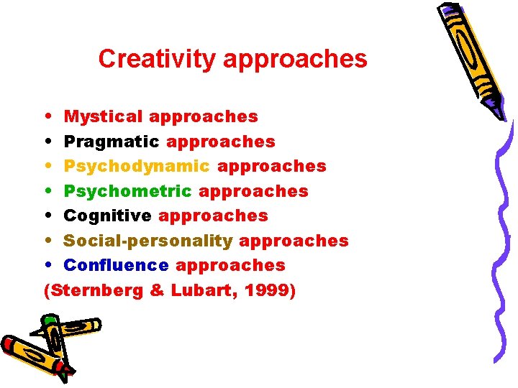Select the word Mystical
(x=104, y=116)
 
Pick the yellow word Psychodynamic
(x=137, y=167)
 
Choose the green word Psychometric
(x=128, y=191)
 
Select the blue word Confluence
(x=116, y=265)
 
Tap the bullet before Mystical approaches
(x=47, y=116)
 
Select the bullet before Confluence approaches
(x=47, y=266)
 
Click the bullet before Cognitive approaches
(x=47, y=216)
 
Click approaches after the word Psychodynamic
(x=272, y=167)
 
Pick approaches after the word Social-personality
(x=294, y=241)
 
